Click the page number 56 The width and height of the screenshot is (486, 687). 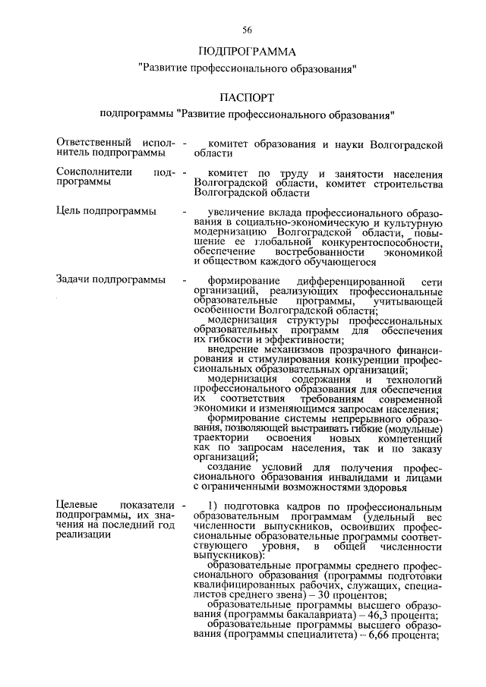[x=247, y=30]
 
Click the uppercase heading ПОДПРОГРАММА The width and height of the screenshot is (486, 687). [x=247, y=52]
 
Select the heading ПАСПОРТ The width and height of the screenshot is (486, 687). [x=247, y=99]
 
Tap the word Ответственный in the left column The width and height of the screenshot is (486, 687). [x=90, y=143]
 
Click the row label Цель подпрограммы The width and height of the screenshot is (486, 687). [x=106, y=210]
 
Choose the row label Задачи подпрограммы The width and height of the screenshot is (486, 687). [x=111, y=279]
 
